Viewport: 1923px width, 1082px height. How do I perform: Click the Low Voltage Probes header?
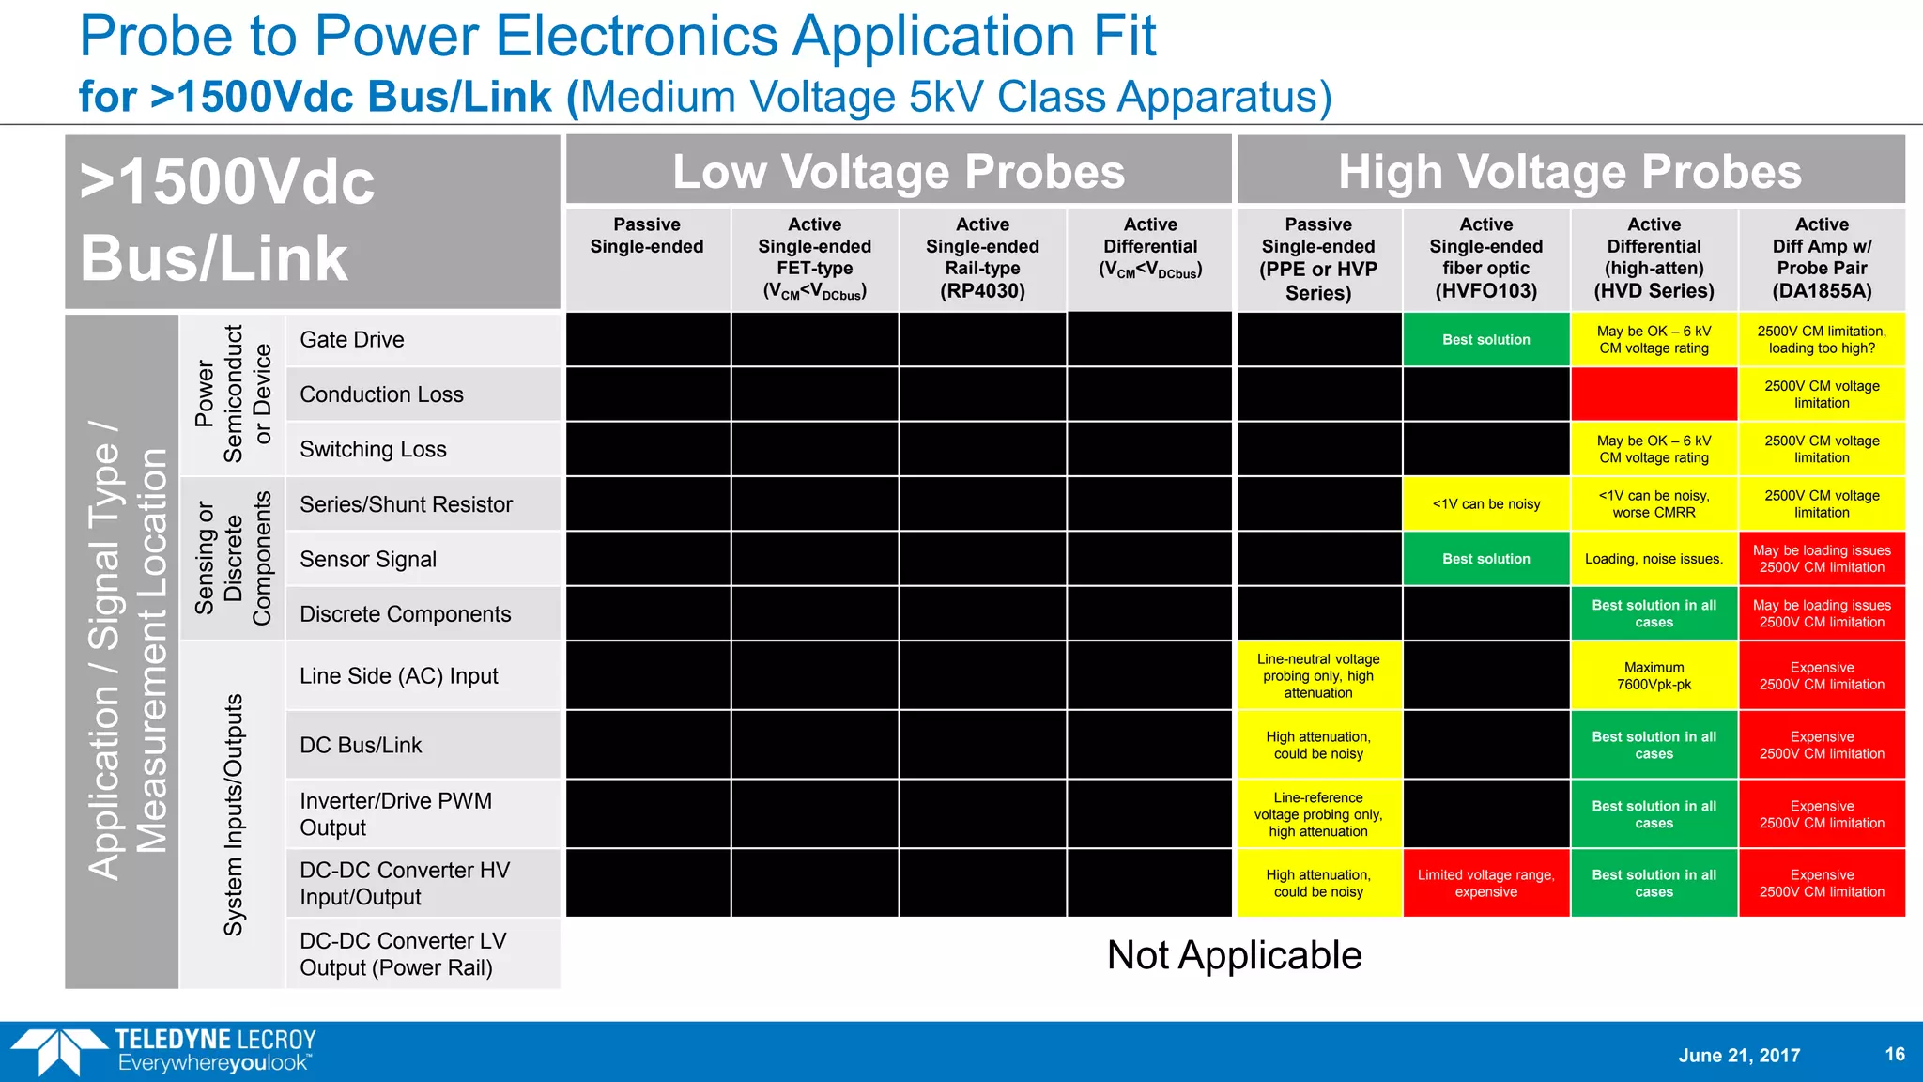(899, 172)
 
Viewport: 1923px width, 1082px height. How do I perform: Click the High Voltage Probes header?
(1570, 172)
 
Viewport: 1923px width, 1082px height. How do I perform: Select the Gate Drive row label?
(352, 340)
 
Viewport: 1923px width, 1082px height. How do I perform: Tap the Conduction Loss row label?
(381, 394)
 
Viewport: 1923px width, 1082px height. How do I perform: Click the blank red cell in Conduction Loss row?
(1654, 394)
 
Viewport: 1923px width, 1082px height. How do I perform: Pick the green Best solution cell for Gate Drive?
(1486, 340)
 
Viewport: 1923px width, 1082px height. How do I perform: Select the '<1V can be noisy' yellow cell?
(1486, 504)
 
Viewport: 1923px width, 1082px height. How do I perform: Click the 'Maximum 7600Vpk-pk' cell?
(1654, 676)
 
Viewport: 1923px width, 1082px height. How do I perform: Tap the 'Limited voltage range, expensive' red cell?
(1486, 884)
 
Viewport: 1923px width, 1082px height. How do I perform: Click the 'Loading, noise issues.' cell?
(1654, 559)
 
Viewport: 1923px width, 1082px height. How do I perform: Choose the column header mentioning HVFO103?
(1486, 257)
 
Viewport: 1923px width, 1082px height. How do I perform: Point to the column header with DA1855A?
(1822, 257)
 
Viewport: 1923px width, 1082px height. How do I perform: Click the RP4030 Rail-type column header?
(982, 257)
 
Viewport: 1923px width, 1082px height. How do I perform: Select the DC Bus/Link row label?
(361, 746)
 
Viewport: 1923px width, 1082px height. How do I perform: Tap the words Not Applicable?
(1234, 955)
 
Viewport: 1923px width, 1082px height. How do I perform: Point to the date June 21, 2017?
(1739, 1056)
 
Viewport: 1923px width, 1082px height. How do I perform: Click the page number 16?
(1895, 1054)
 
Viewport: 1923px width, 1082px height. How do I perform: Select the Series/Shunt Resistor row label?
(406, 504)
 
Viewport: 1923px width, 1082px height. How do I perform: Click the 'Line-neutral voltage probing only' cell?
(1318, 676)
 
